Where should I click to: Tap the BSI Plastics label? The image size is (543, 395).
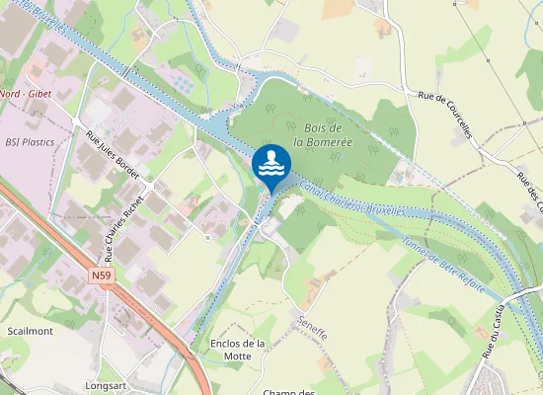pos(30,142)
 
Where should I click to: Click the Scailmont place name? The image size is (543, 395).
pos(30,332)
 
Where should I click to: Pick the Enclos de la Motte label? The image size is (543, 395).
pos(238,350)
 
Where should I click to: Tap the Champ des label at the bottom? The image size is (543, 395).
pos(288,392)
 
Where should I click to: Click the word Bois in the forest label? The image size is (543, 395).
pos(316,128)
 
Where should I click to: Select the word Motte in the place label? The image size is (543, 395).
pos(238,356)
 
